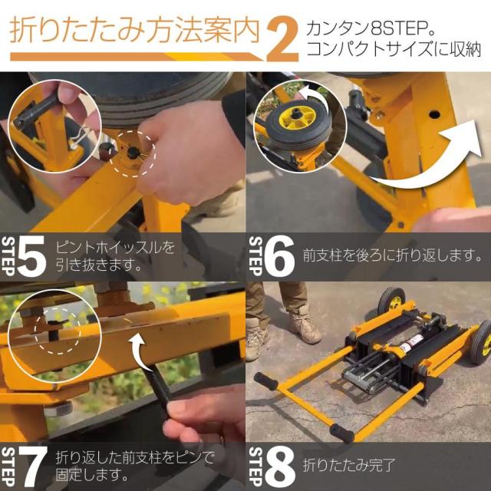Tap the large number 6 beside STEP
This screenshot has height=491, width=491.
[278, 257]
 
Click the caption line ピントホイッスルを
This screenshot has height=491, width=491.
[115, 248]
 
